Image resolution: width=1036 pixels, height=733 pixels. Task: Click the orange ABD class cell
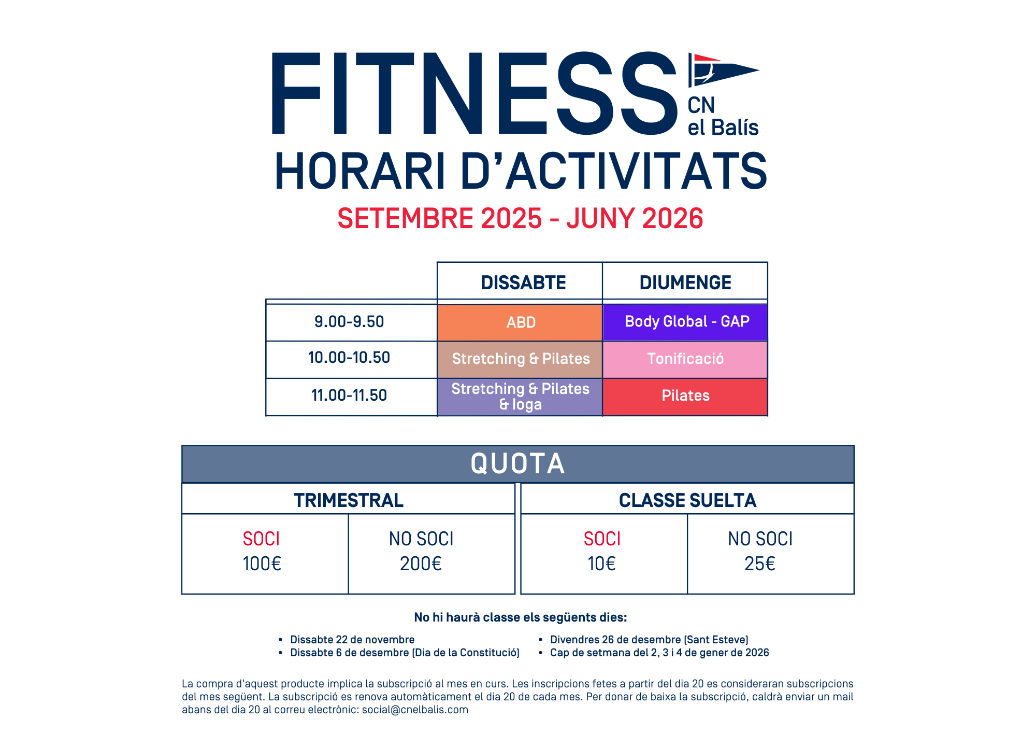[x=520, y=322]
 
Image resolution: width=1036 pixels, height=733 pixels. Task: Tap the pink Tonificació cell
[x=685, y=359]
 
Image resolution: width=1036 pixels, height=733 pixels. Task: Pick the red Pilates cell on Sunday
[x=685, y=396]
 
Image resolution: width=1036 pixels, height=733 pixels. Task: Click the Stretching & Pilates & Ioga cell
[x=520, y=397]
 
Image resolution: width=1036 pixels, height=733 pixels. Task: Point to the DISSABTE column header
[x=523, y=283]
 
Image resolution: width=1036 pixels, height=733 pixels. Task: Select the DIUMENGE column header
[x=685, y=283]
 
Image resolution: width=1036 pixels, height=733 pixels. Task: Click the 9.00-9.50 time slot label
[x=349, y=322]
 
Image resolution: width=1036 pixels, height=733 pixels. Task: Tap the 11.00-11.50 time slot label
[x=349, y=396]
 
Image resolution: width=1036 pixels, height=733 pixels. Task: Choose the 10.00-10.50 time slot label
[x=349, y=358]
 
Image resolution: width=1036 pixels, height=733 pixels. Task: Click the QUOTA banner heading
[x=517, y=463]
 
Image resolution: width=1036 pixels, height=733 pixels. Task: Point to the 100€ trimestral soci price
[x=262, y=564]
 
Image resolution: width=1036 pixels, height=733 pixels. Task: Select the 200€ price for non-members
[x=421, y=564]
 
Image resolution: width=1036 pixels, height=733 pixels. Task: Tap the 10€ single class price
[x=601, y=564]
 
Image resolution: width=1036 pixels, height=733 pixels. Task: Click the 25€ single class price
[x=760, y=564]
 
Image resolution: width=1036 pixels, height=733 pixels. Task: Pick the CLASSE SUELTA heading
[x=687, y=500]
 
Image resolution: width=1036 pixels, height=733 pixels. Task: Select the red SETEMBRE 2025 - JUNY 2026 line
[x=520, y=218]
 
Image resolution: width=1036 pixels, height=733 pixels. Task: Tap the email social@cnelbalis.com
[x=415, y=710]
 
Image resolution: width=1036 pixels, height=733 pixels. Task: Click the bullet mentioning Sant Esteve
[x=649, y=640]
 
